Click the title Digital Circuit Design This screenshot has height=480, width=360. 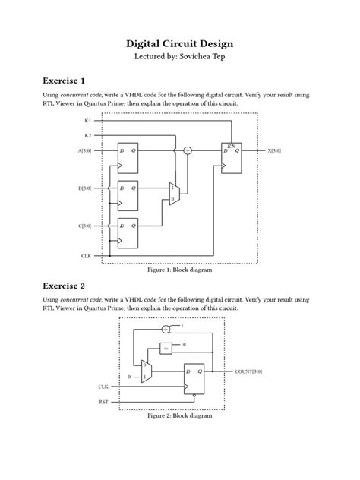point(180,44)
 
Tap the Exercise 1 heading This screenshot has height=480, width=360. point(43,81)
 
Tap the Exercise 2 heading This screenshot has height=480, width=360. point(43,286)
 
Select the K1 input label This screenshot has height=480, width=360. point(87,120)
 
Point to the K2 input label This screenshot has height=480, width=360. point(87,135)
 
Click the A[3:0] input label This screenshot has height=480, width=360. point(84,150)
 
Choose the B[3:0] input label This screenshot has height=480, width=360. point(84,188)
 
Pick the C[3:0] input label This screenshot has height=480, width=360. point(84,226)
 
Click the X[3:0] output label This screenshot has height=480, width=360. point(274,150)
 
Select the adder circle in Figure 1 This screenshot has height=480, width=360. point(188,150)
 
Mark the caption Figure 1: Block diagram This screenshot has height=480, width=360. point(179,270)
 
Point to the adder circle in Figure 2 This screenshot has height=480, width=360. point(166,329)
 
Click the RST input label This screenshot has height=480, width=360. point(103,401)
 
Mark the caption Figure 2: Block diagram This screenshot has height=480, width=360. point(180,416)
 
